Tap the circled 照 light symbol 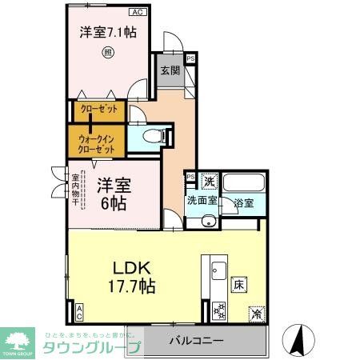pos(108,54)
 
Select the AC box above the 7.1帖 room pos(137,13)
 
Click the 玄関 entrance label pos(168,70)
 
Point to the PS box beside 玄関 pos(190,58)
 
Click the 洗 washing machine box pos(209,182)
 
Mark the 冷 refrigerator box pos(257,313)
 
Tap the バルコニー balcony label pos(196,342)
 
